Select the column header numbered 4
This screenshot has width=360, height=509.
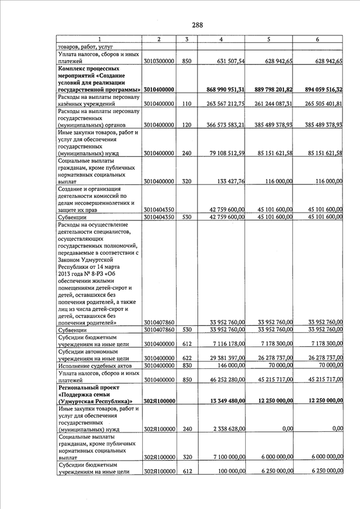220,39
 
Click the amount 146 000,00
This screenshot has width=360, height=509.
232,365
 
